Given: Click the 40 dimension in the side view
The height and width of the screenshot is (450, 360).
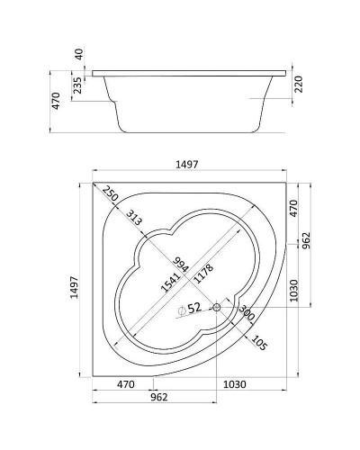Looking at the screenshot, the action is coord(79,54).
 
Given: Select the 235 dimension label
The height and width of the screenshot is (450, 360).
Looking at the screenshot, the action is coord(77,85).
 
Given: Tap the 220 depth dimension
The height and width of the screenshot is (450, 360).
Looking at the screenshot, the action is coord(299,85).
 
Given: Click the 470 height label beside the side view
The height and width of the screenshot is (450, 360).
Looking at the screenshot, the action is coord(56,101).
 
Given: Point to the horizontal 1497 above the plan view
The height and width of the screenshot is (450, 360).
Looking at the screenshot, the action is coord(187,165).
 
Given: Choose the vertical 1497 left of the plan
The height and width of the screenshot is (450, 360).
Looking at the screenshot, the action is coord(74,287).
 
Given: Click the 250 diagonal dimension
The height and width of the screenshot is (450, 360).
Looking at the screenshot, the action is coord(110,193).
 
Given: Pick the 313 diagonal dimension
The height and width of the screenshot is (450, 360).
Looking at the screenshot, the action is coord(133,218).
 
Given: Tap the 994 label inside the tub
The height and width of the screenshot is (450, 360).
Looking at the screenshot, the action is coord(180,265).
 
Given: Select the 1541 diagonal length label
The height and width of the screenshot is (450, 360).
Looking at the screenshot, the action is coord(170,282).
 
